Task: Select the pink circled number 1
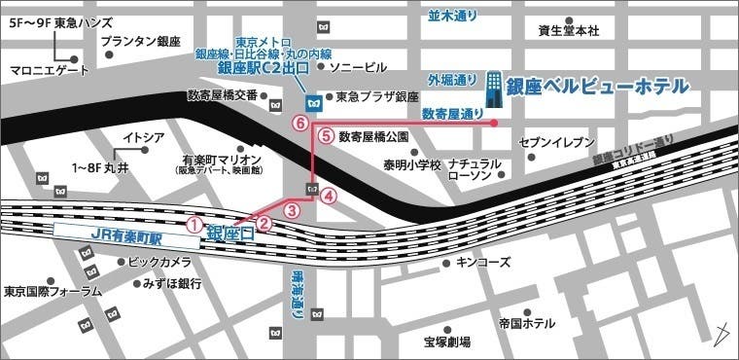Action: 194,225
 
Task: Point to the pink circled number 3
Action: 290,209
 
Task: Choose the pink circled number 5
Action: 326,136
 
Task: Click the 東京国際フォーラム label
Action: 53,291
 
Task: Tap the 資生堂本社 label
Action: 569,30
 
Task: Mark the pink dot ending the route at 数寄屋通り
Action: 495,124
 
